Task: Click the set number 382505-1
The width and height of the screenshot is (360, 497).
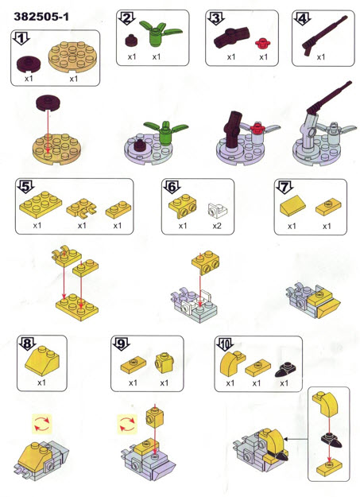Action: (x=41, y=17)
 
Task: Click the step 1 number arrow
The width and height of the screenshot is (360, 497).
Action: (x=21, y=39)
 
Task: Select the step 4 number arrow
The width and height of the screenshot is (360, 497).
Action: (x=302, y=19)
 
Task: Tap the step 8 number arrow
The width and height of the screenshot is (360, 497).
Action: (x=28, y=344)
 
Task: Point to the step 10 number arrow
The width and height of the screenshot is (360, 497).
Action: (x=225, y=344)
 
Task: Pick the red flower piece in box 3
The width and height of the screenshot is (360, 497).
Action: (x=263, y=44)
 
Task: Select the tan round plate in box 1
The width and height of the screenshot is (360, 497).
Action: (x=72, y=56)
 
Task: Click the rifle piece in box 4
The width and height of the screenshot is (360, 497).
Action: (x=324, y=35)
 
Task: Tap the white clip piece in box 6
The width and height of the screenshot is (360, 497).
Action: (x=218, y=210)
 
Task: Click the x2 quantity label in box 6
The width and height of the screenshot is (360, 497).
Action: (x=217, y=226)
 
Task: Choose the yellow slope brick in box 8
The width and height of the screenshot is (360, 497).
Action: (x=42, y=361)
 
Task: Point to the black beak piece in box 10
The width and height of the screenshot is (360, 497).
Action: (x=285, y=369)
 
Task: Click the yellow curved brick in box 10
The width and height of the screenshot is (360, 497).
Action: (x=232, y=363)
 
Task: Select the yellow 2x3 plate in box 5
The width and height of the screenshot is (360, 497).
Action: (x=41, y=204)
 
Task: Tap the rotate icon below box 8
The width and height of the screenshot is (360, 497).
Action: (x=41, y=424)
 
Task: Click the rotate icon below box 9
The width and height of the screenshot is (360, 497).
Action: (x=127, y=424)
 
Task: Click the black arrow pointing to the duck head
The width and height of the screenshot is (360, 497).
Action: (x=296, y=439)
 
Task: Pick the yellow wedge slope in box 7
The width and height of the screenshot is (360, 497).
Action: (x=292, y=206)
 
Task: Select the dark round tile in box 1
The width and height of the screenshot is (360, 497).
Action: (x=29, y=64)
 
